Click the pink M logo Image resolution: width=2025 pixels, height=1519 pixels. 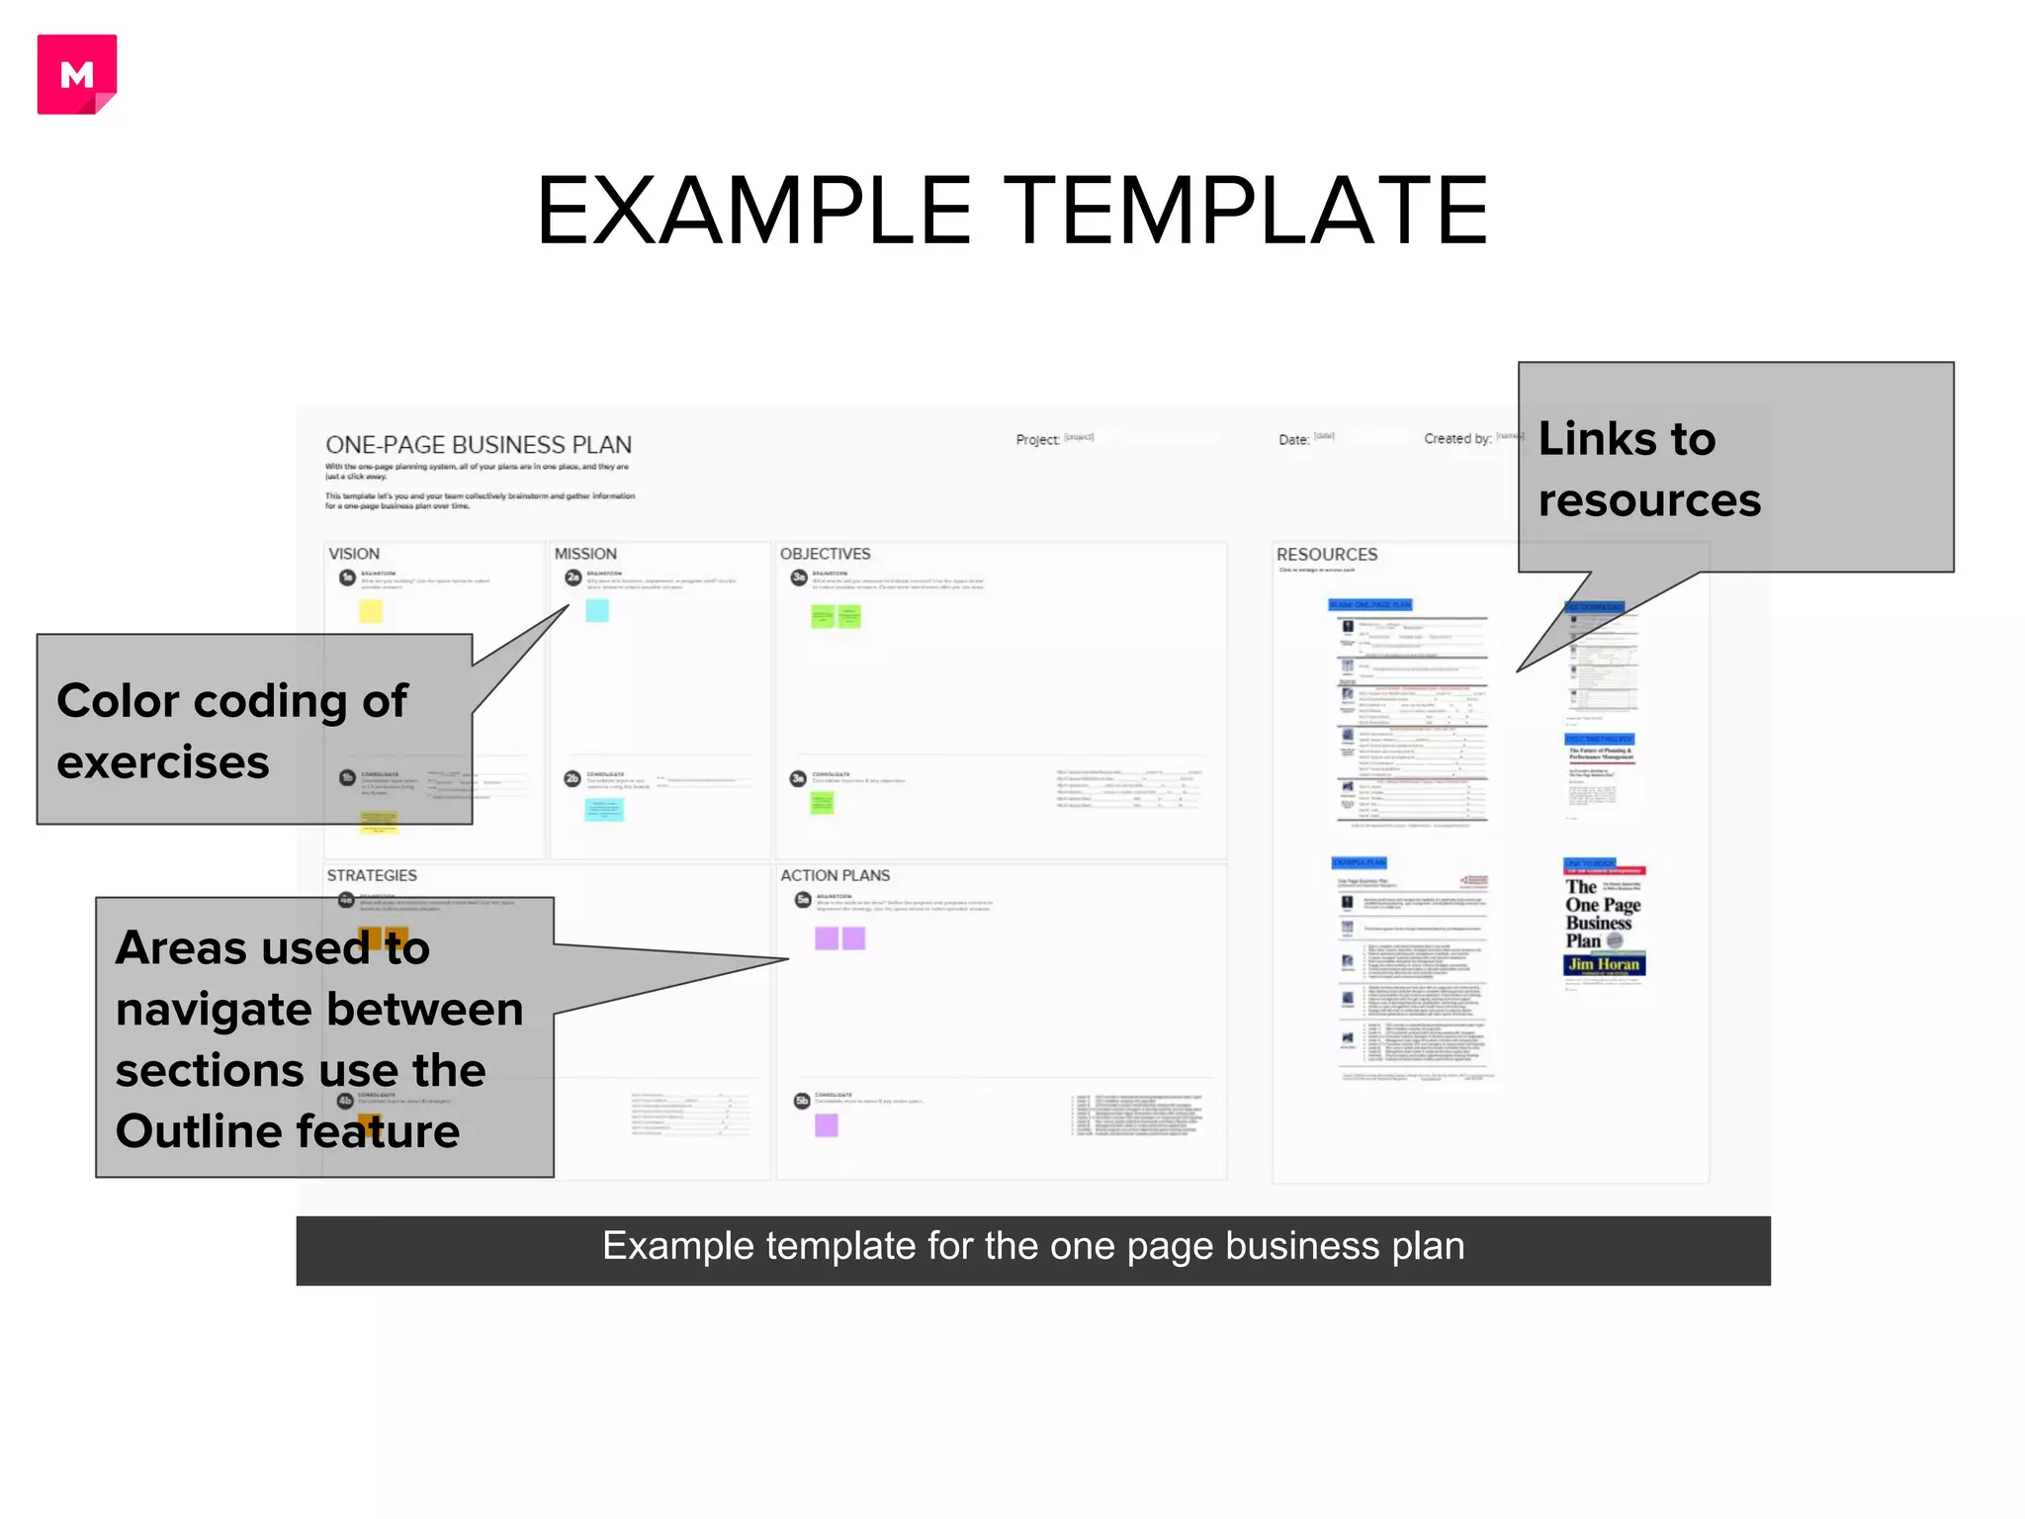77,74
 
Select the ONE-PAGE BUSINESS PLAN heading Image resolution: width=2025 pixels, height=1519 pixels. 479,445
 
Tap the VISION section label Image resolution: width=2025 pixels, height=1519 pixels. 354,554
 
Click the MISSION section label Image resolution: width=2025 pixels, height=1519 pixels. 585,554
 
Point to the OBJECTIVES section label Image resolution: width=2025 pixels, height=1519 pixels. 825,554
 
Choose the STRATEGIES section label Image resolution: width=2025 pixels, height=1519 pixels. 372,875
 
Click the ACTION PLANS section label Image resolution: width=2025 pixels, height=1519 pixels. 835,875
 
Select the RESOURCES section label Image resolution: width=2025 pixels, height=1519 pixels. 1326,555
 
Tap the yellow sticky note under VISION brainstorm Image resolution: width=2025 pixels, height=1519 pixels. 371,610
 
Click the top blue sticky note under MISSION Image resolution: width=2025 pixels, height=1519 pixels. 597,610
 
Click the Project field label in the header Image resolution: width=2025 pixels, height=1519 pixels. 1037,439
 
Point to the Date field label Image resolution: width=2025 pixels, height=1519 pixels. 1293,439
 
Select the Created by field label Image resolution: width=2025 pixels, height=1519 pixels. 1457,438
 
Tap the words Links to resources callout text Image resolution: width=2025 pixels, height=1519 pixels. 1649,469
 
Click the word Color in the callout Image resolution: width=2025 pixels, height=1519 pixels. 118,700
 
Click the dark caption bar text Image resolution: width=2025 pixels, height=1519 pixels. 1033,1246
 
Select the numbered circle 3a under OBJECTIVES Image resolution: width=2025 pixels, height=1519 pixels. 799,579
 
